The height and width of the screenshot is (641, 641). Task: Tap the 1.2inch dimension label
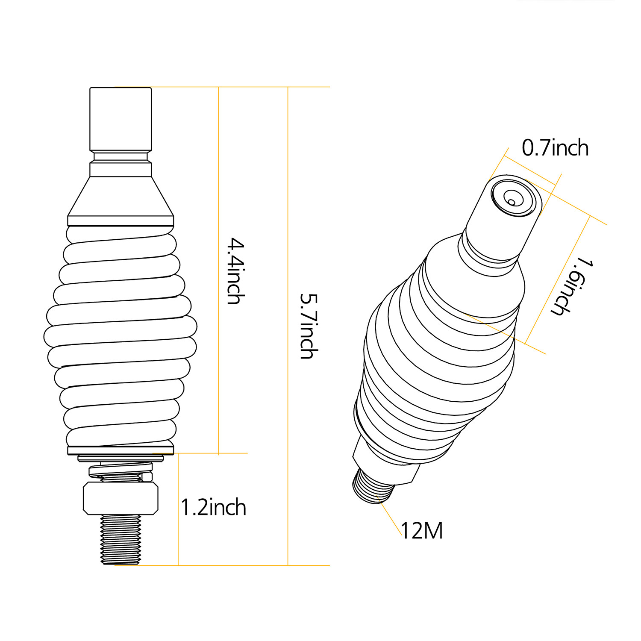pyautogui.click(x=214, y=508)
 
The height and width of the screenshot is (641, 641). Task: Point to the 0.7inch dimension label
pyautogui.click(x=555, y=148)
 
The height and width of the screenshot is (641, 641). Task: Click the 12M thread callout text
pyautogui.click(x=422, y=531)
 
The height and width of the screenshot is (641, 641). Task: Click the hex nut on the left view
pyautogui.click(x=121, y=498)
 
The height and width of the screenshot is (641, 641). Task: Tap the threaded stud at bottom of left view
pyautogui.click(x=121, y=540)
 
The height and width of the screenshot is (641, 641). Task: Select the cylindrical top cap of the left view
pyautogui.click(x=121, y=119)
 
